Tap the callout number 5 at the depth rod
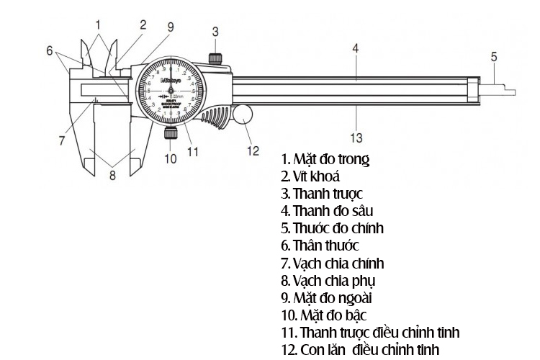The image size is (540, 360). click(x=494, y=55)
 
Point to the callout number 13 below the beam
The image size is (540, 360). click(x=356, y=136)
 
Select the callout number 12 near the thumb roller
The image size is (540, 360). click(x=253, y=150)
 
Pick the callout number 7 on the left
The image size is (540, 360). click(x=63, y=139)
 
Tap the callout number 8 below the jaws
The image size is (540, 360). click(x=112, y=175)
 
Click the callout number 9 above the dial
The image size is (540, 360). click(x=171, y=27)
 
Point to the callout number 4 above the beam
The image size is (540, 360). click(x=356, y=48)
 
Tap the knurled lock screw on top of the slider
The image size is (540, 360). click(x=215, y=58)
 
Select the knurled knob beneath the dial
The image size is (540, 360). click(x=171, y=133)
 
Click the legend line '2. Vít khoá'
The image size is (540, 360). click(x=311, y=176)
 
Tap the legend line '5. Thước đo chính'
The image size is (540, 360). click(x=333, y=228)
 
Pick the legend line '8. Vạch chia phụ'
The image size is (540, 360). click(x=328, y=281)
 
